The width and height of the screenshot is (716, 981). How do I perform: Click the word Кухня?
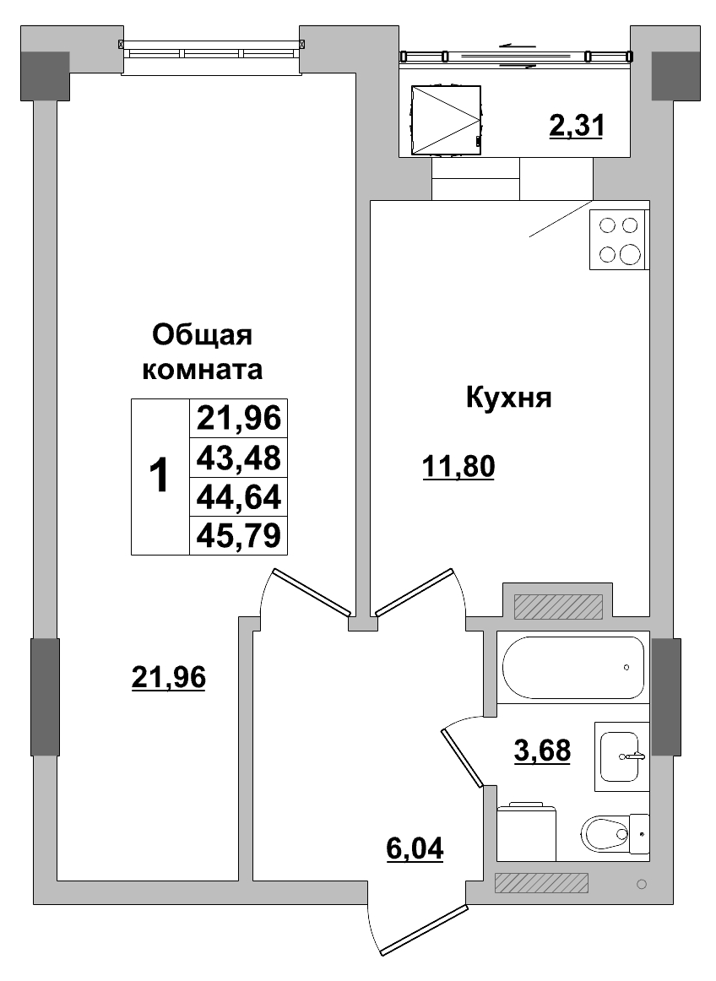(x=508, y=398)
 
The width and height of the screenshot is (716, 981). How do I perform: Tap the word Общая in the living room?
(x=203, y=335)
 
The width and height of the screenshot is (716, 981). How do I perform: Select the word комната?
(x=203, y=370)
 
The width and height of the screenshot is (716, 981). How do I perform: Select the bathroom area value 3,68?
(x=542, y=749)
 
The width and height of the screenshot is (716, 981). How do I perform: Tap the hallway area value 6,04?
(x=414, y=847)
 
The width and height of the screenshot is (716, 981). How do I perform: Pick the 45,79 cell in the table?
(x=239, y=535)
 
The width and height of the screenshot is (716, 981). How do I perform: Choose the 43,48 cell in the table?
(x=239, y=458)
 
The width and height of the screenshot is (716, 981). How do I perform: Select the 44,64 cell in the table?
(x=239, y=496)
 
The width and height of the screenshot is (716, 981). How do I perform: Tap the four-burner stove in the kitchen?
(x=619, y=240)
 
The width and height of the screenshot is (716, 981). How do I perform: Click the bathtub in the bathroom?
(x=573, y=667)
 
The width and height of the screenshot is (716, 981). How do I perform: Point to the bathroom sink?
(x=621, y=756)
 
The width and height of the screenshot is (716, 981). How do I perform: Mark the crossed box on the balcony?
(x=445, y=120)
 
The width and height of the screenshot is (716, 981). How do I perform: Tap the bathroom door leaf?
(x=460, y=757)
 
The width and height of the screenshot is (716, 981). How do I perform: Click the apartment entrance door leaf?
(x=424, y=931)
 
